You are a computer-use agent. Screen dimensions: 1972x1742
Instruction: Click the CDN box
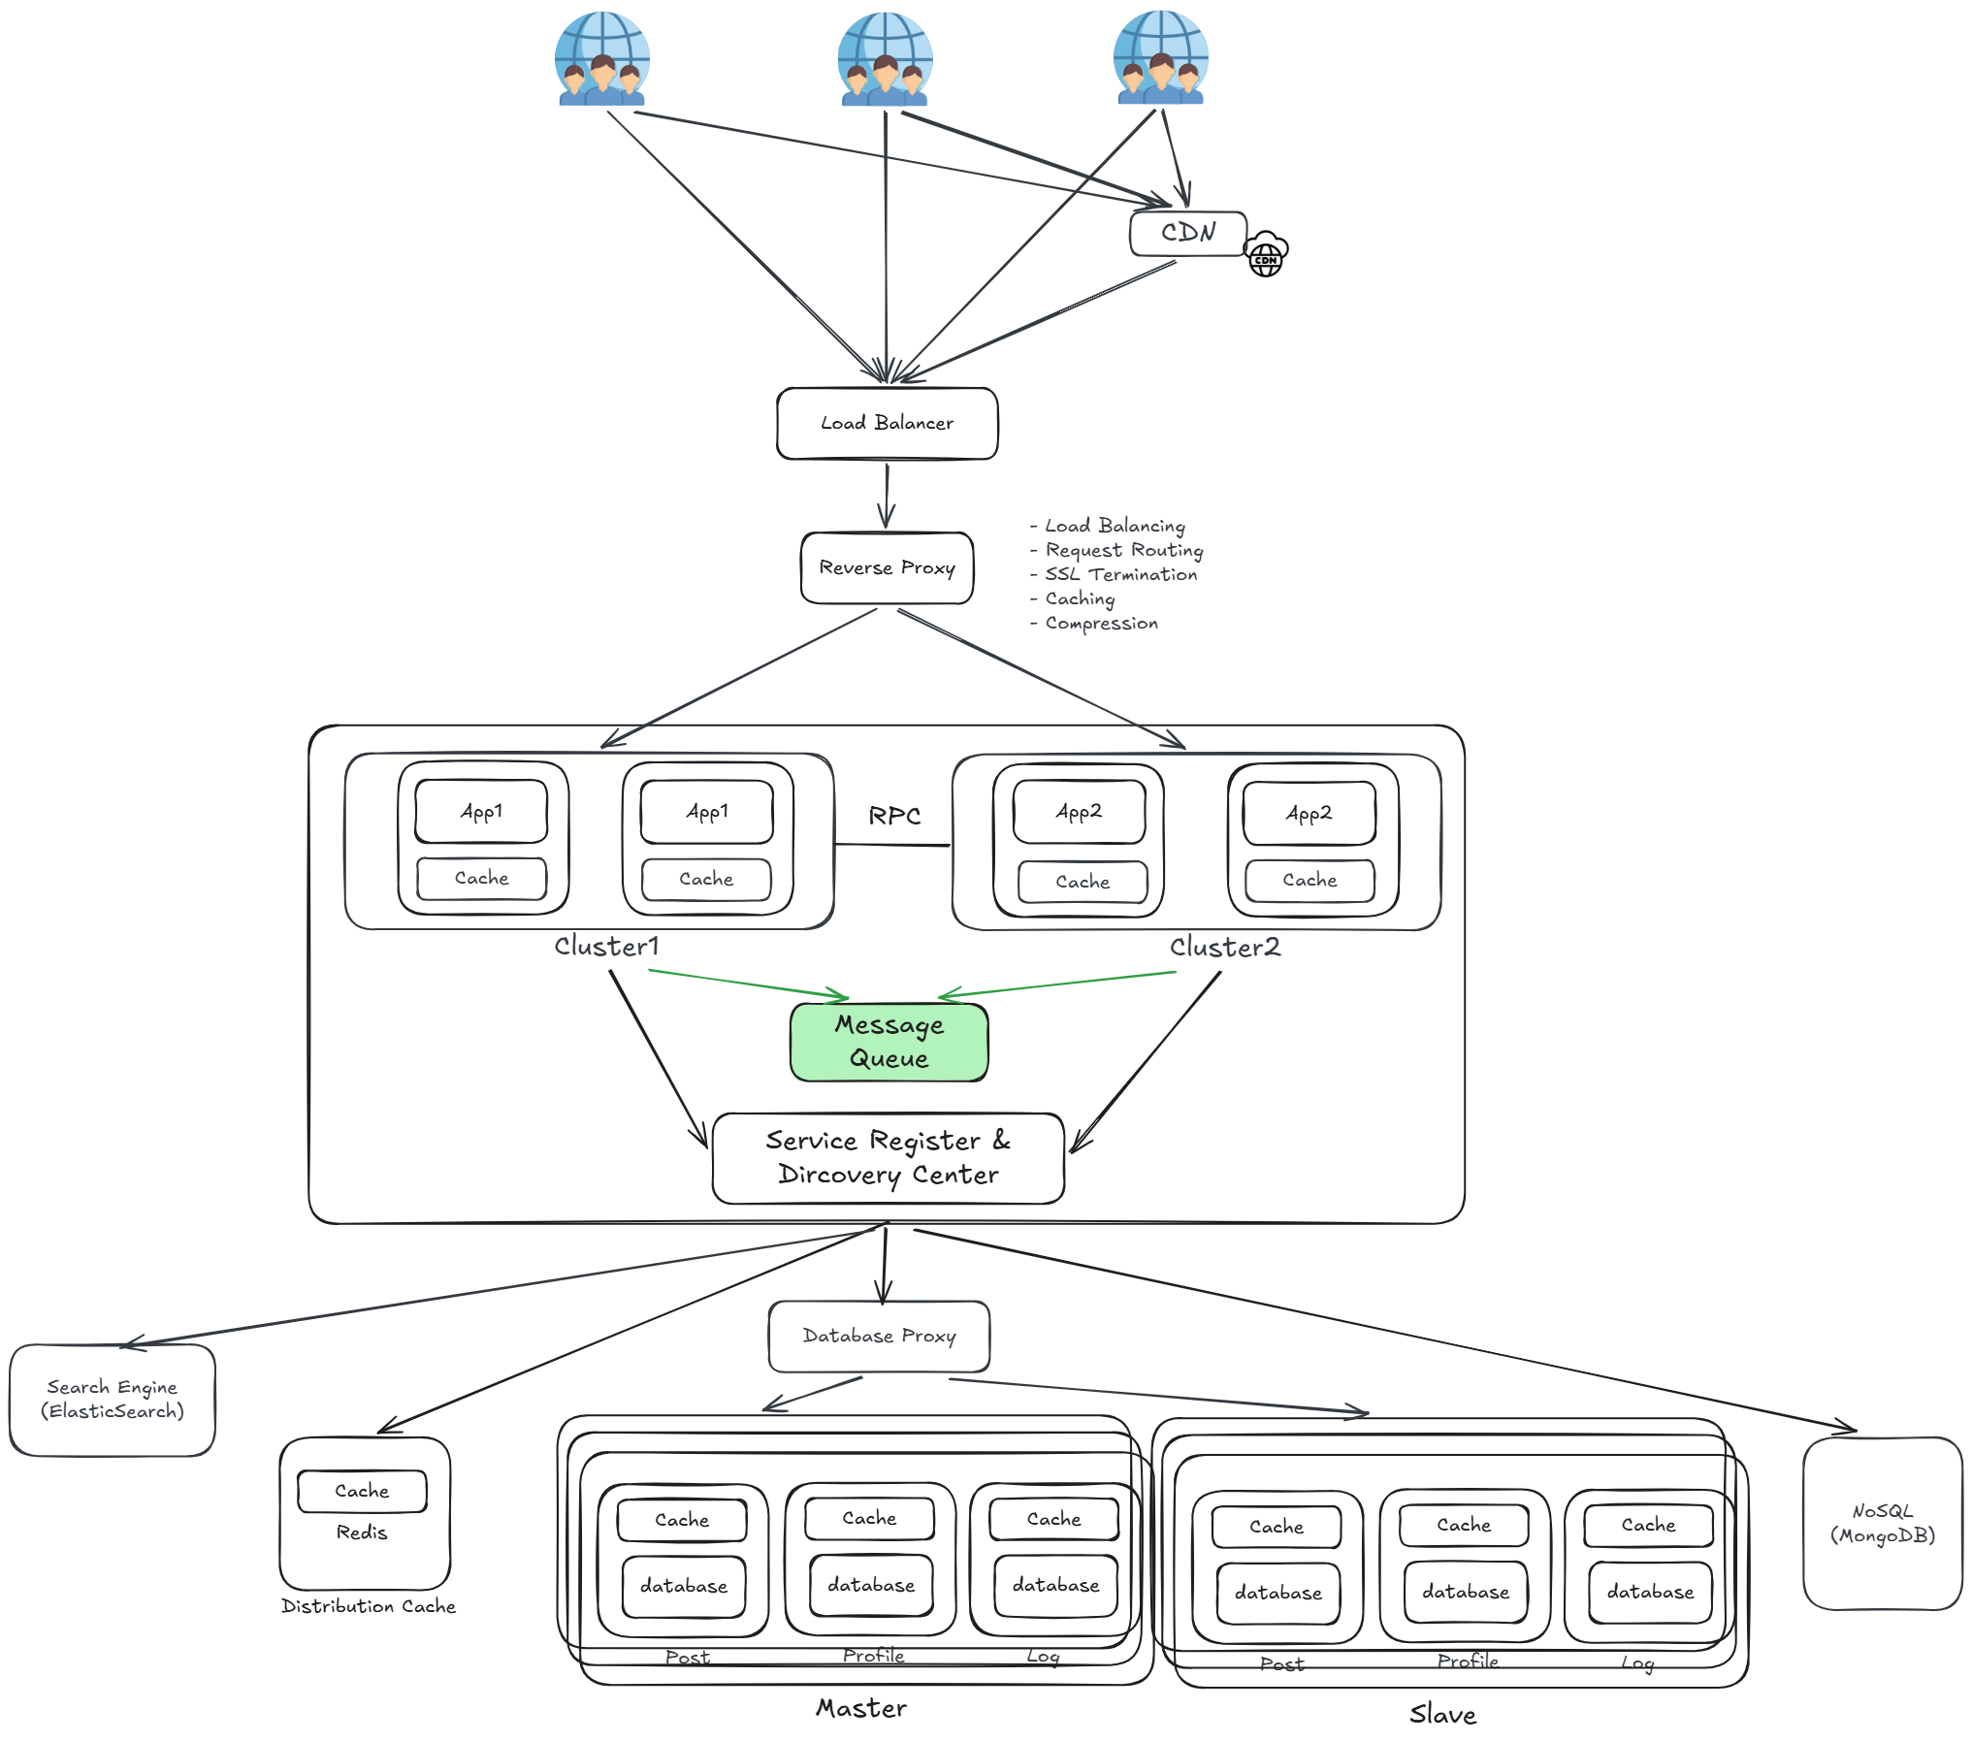(1187, 233)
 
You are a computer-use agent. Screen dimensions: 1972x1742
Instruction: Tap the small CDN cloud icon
(1266, 254)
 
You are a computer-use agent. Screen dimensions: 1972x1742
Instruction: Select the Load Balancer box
(887, 423)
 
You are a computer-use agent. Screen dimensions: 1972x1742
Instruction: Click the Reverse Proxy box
(887, 567)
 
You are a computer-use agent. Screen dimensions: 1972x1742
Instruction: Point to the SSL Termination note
(1114, 574)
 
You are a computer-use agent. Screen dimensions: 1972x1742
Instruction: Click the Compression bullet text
(1094, 623)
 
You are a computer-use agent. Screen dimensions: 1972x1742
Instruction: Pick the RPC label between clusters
(894, 816)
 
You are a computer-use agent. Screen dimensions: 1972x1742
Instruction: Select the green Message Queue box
(889, 1042)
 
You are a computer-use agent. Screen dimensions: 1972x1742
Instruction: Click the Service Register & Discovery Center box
(888, 1158)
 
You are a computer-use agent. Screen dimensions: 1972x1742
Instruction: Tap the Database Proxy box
(879, 1337)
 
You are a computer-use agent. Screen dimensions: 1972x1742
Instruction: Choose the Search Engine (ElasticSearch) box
(112, 1400)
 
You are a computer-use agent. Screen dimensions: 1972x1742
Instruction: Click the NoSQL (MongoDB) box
(1882, 1523)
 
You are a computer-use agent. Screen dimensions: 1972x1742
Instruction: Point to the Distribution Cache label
(368, 1606)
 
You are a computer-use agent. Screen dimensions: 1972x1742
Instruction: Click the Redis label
(362, 1532)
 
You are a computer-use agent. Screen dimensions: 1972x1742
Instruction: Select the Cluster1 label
(606, 946)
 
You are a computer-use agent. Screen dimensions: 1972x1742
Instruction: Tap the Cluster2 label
(1224, 947)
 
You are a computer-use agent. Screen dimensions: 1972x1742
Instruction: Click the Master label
(861, 1708)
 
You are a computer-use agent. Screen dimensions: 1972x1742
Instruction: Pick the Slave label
(1442, 1714)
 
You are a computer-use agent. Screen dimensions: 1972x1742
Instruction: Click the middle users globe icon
(885, 58)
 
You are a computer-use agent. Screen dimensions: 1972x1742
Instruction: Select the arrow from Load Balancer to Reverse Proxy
(886, 496)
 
